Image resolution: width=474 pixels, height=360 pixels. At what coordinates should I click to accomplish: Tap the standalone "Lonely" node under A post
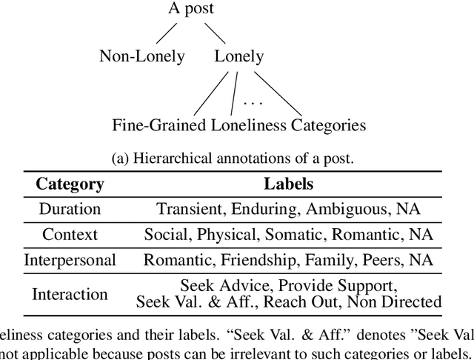pyautogui.click(x=239, y=56)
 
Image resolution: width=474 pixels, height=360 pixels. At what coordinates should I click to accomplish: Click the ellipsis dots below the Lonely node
pyautogui.click(x=253, y=101)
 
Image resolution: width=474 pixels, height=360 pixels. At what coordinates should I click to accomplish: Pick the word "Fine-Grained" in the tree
pyautogui.click(x=158, y=124)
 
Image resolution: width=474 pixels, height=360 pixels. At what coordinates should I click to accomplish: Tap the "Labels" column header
pyautogui.click(x=288, y=184)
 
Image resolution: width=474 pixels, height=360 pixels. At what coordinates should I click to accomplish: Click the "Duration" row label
pyautogui.click(x=70, y=209)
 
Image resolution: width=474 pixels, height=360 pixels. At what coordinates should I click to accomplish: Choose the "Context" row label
pyautogui.click(x=70, y=235)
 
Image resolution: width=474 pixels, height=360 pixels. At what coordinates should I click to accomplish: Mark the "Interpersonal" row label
pyautogui.click(x=70, y=260)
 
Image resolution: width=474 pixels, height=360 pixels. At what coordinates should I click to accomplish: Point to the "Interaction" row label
pyautogui.click(x=70, y=293)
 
